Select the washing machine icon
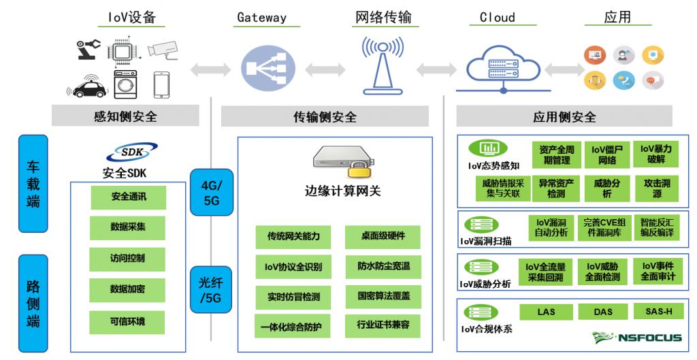125,84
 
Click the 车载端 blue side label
33,184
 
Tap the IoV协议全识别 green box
289,266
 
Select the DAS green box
602,312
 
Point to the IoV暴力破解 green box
656,154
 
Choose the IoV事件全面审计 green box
658,272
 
